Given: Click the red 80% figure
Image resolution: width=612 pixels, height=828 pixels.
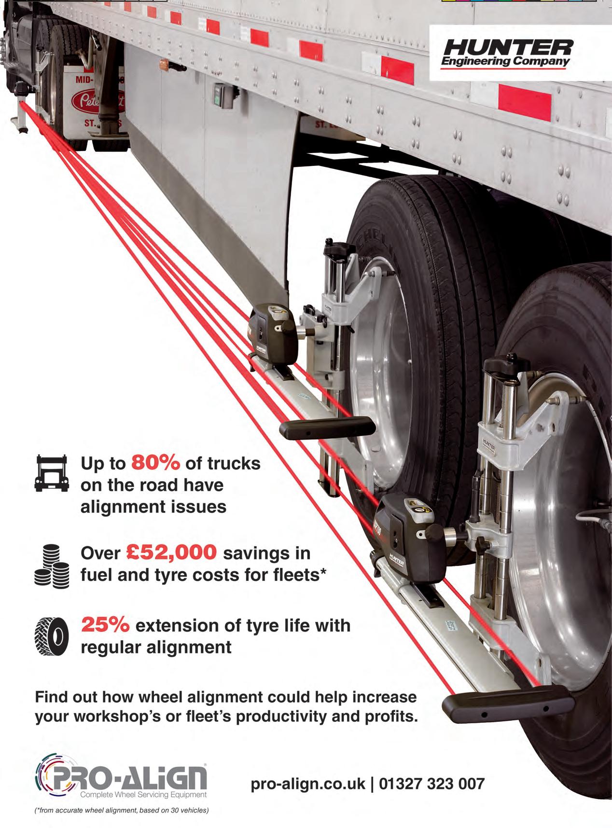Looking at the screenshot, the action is [156, 463].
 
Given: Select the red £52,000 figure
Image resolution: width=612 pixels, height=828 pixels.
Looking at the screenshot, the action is [172, 553].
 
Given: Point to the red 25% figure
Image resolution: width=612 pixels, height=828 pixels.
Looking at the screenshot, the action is [105, 625].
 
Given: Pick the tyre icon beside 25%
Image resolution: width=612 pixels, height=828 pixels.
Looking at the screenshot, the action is [52, 636].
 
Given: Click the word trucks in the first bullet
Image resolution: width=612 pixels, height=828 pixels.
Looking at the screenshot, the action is [234, 463].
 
